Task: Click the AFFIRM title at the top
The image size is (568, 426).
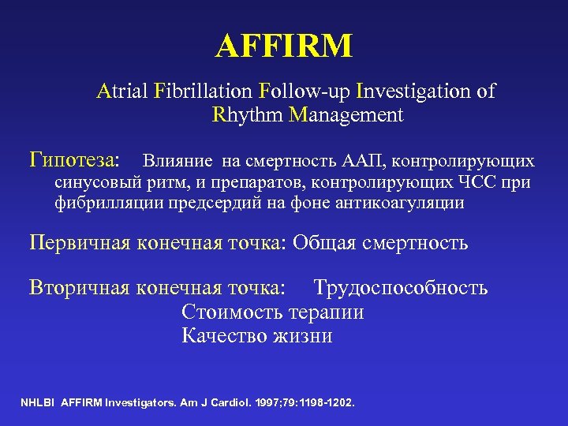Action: coord(284,47)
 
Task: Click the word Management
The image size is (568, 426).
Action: coord(346,115)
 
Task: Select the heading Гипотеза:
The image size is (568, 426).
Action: coord(75,161)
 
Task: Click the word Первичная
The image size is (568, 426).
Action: coord(80,242)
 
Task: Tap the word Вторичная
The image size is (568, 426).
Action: coord(80,287)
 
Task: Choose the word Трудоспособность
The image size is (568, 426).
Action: coord(400,287)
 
